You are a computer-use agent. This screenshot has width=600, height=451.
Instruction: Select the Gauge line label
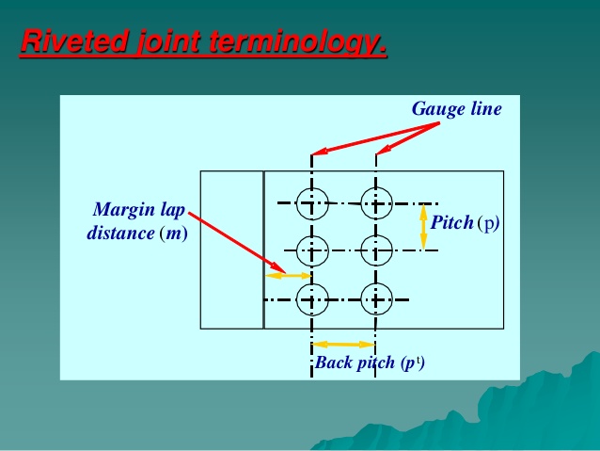point(456,108)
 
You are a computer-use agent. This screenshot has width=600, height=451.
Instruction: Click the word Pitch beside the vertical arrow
point(452,222)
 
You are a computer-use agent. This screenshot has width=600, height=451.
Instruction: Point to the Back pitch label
point(355,362)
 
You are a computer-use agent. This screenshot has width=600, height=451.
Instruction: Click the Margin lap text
point(139,210)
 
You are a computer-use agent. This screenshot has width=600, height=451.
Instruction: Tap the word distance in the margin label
point(121,233)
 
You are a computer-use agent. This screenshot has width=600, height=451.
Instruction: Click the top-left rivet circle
point(312,203)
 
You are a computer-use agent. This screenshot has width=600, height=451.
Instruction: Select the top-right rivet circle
point(376,203)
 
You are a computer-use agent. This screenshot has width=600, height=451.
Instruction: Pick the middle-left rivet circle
point(312,250)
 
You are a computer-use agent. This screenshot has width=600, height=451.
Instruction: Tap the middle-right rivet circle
point(376,250)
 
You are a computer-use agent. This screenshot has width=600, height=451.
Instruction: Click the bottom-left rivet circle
point(312,299)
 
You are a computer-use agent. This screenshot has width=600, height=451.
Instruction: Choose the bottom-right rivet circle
point(376,299)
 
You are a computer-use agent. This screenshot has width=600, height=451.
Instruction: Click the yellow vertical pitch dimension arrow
point(423,227)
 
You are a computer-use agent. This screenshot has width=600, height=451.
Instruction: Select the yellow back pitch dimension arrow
point(344,344)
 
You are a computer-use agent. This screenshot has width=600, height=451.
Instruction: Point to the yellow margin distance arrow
point(289,276)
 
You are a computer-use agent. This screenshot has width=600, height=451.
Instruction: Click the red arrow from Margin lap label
point(237,243)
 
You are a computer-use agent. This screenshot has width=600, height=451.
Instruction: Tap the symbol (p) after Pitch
point(488,222)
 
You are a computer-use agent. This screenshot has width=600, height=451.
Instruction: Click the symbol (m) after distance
point(174,234)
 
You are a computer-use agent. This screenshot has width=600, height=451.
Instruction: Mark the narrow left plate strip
point(232,250)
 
